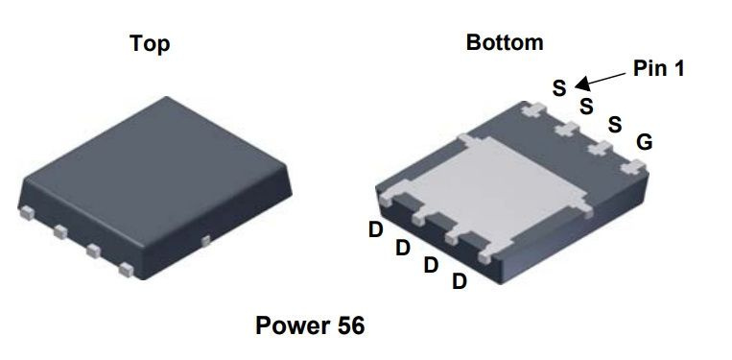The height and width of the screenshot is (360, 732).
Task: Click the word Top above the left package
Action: (x=151, y=45)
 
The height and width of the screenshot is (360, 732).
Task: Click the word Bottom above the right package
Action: (x=505, y=42)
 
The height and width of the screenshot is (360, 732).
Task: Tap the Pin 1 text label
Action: (x=658, y=68)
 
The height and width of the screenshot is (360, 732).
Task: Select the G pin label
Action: (x=645, y=142)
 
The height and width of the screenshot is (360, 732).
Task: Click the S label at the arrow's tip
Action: (x=559, y=88)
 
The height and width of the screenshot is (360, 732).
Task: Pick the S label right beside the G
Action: (x=615, y=125)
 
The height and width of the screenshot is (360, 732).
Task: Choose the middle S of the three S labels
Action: (x=586, y=106)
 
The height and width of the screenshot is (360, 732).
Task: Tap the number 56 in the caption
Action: (x=349, y=325)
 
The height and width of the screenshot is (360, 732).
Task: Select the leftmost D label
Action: (x=375, y=230)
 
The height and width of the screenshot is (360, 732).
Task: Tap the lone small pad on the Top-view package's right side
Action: (x=205, y=236)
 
